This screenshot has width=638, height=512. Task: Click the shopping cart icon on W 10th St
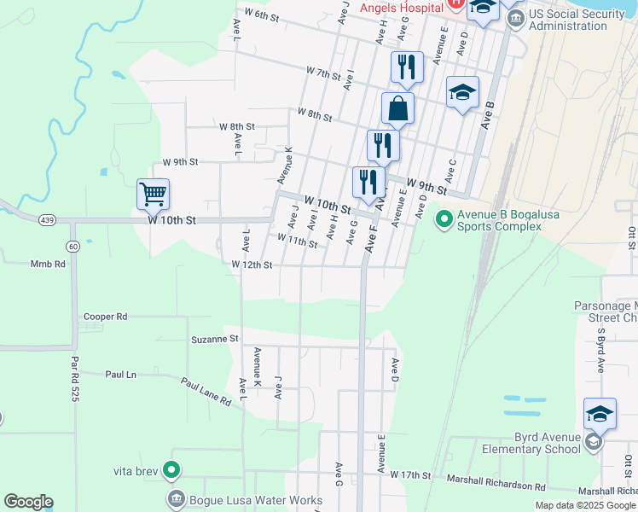point(153,194)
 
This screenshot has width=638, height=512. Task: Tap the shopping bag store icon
point(397,108)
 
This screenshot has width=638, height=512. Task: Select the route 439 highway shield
point(47,220)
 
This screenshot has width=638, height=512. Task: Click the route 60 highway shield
point(73,247)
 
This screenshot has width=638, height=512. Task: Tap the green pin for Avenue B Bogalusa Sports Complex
point(444,220)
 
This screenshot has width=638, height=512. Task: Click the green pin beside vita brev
point(171,469)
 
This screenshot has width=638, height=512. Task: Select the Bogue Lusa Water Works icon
point(177,498)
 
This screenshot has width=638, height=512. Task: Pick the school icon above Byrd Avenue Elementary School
point(600,414)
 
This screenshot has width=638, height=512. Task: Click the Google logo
point(28,502)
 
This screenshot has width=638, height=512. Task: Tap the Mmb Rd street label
point(48,265)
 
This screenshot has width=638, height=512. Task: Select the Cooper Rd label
point(105,317)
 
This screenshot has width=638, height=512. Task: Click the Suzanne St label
point(216,339)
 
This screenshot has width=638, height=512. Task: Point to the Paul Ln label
point(120,375)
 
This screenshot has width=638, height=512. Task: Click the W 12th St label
point(252,265)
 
